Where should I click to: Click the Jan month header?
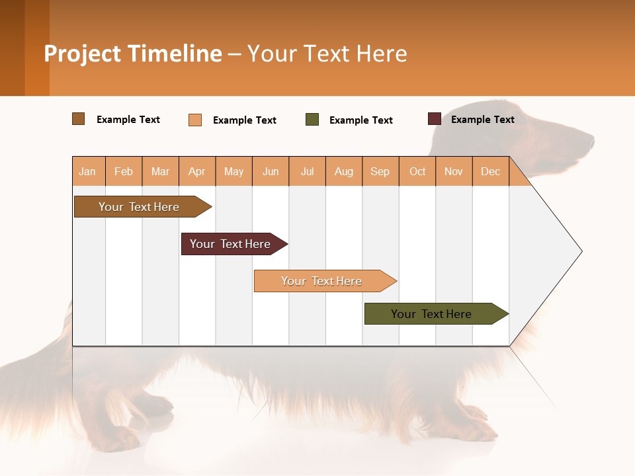(x=88, y=171)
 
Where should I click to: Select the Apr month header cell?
(x=197, y=171)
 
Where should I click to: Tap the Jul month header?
(x=307, y=171)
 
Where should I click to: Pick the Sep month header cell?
(x=380, y=171)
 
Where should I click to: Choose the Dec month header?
(x=490, y=171)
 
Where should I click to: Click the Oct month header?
(x=417, y=171)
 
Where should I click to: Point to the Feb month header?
(x=124, y=171)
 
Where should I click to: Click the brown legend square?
(x=79, y=119)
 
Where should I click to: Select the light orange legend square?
(x=195, y=120)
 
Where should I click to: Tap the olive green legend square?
(x=312, y=120)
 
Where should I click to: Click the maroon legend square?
(x=435, y=119)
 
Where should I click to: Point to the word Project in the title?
(x=82, y=54)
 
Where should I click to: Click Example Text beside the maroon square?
(x=482, y=120)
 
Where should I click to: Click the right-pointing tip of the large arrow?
(x=580, y=251)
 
